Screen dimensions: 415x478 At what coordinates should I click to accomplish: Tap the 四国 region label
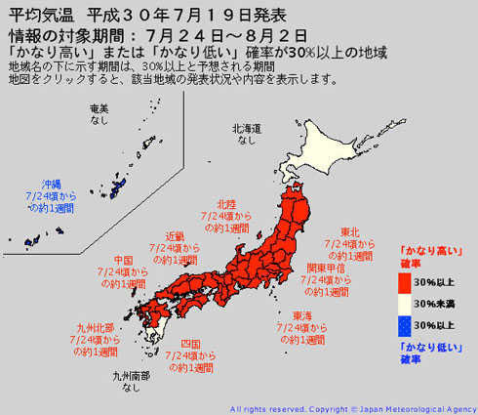[x=190, y=344]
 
